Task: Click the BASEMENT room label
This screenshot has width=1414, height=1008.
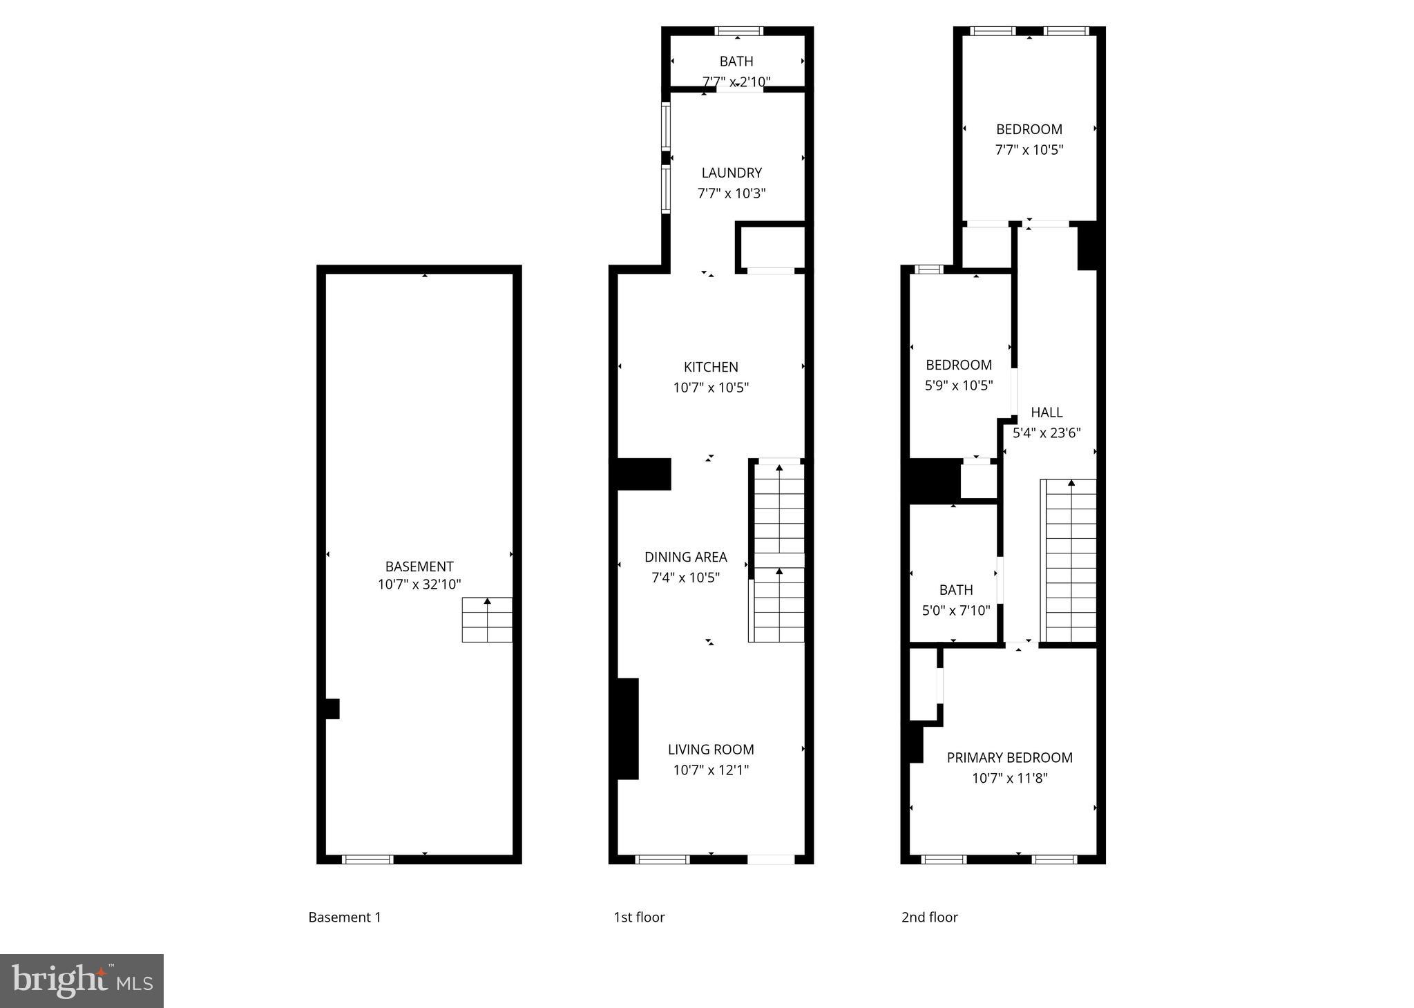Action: point(419,567)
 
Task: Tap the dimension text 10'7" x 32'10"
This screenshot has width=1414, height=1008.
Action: point(419,584)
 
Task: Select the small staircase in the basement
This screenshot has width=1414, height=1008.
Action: point(487,620)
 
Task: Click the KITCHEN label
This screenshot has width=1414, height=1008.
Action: point(711,367)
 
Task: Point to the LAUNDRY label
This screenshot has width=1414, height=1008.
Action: point(732,173)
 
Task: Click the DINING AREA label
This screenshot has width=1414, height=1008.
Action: point(685,557)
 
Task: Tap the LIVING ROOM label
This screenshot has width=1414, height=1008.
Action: point(711,749)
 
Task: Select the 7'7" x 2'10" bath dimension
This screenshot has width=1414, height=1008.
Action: point(736,82)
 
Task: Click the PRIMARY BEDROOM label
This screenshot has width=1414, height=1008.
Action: point(1009,757)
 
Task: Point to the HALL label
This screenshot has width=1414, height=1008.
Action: point(1047,412)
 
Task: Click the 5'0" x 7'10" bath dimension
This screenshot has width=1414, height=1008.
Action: point(956,611)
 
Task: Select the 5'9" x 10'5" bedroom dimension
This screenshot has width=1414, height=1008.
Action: point(959,386)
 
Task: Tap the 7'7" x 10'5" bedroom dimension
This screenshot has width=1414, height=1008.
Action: point(1029,150)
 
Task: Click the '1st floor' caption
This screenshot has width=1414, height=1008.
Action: point(639,917)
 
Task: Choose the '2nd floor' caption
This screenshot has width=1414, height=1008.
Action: point(929,917)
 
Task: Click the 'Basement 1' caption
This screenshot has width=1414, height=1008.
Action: point(344,917)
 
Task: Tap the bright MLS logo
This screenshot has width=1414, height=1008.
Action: point(82,981)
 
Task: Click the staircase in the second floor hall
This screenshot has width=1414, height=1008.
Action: point(1070,560)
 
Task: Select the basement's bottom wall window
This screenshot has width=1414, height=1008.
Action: point(367,859)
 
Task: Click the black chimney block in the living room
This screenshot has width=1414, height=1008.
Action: point(627,729)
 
